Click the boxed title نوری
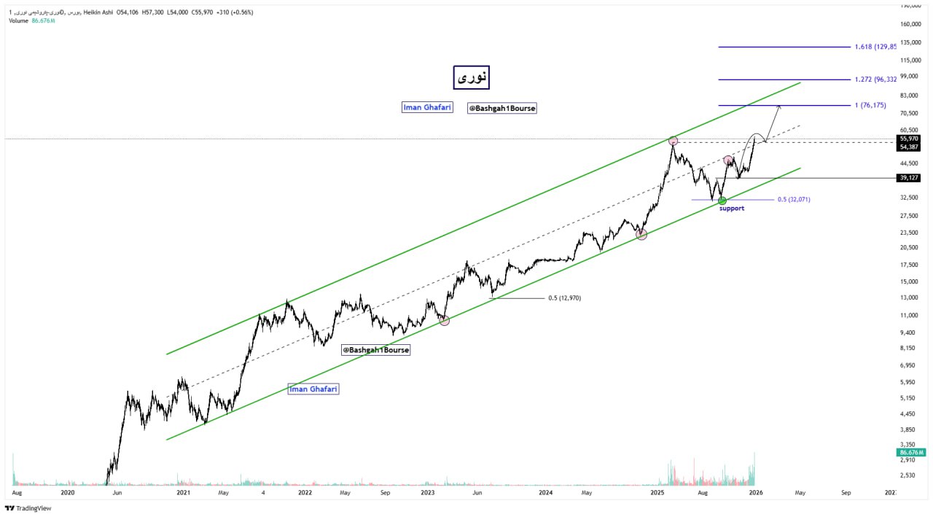coord(471,77)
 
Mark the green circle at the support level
coord(722,201)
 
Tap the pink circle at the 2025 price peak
coord(673,140)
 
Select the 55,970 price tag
coord(909,139)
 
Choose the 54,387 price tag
coord(909,147)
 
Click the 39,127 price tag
coord(909,178)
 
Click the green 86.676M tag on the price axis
coord(912,453)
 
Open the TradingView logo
coord(28,508)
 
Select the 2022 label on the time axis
coord(305,492)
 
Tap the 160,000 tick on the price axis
coord(911,24)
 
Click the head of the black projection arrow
coord(779,106)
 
